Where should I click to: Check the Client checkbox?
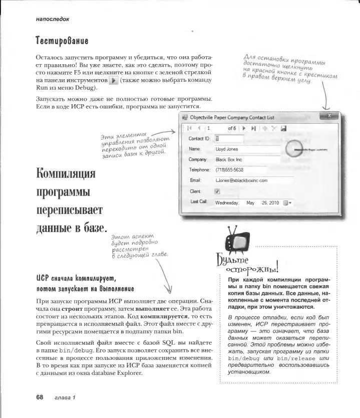point(217,191)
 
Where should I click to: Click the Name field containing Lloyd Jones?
point(243,149)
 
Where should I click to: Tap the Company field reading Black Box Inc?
point(243,159)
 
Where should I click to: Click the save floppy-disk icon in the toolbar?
point(283,128)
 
